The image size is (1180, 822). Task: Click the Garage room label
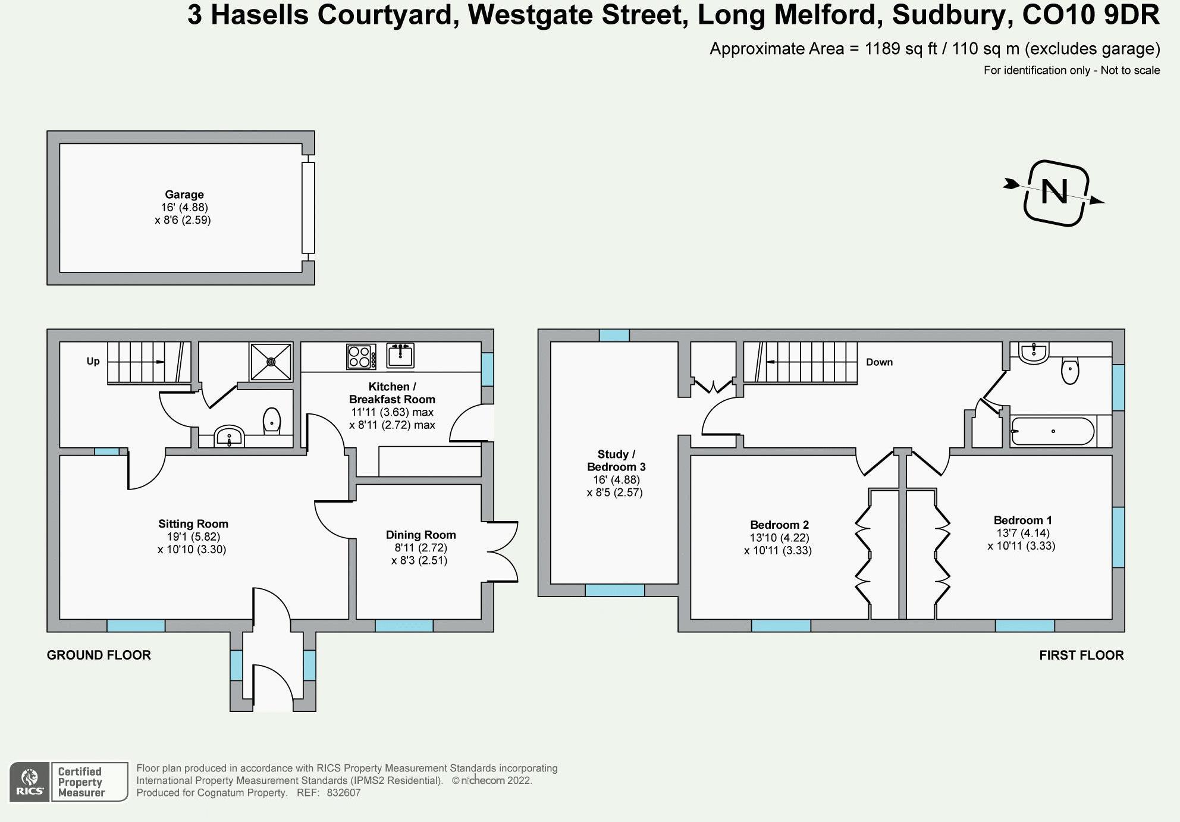coord(184,194)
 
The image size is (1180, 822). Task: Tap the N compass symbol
coord(1055,193)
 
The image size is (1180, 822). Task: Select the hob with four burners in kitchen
coord(361,356)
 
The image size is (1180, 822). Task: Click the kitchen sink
coord(400,356)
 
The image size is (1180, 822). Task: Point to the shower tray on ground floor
coord(271,361)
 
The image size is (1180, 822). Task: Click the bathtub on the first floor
coord(1053,431)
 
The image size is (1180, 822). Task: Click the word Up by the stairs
coord(93,361)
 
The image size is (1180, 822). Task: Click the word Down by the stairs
coord(879,362)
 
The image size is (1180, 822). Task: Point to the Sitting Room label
coord(193,524)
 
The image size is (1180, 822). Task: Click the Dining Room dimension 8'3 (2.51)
coord(419,560)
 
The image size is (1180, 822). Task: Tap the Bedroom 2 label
coord(779,525)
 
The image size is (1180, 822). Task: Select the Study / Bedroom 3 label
coord(616,460)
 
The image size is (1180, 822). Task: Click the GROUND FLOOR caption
coord(99,655)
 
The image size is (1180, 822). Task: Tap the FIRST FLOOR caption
coord(1081,655)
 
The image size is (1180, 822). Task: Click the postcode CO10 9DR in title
coord(1090,15)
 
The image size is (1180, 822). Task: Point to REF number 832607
coord(344,793)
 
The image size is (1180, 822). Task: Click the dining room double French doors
coord(504,551)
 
